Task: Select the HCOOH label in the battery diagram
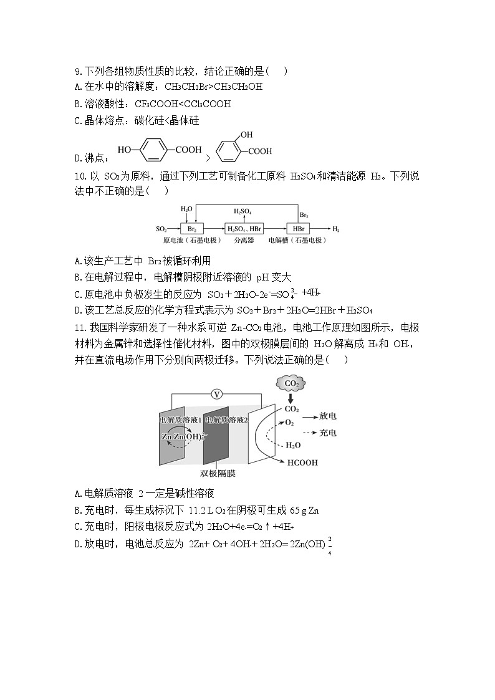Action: tap(302, 463)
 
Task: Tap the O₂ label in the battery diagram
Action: tap(289, 423)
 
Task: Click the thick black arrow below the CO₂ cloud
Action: tap(291, 398)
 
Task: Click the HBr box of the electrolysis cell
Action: tap(299, 229)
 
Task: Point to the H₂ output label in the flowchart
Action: tap(337, 229)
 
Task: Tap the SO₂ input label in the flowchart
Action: tap(161, 229)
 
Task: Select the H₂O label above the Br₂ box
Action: tap(186, 209)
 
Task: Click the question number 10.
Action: tap(79, 176)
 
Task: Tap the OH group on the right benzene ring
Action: tap(246, 135)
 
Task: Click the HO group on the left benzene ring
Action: tap(124, 150)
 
